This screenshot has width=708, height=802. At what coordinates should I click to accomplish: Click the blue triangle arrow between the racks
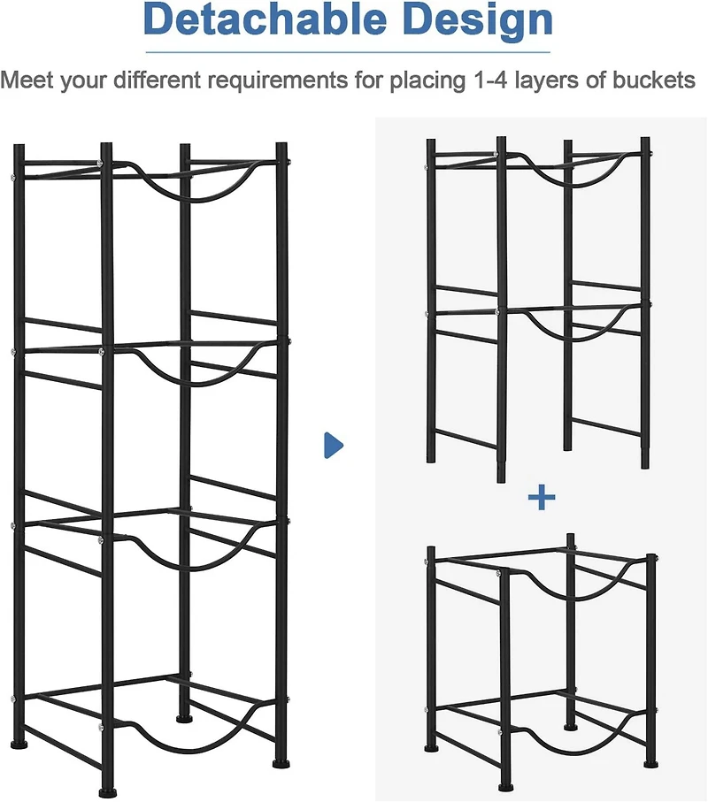[x=333, y=445]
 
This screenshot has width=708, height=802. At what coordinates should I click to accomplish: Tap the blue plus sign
[x=541, y=498]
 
